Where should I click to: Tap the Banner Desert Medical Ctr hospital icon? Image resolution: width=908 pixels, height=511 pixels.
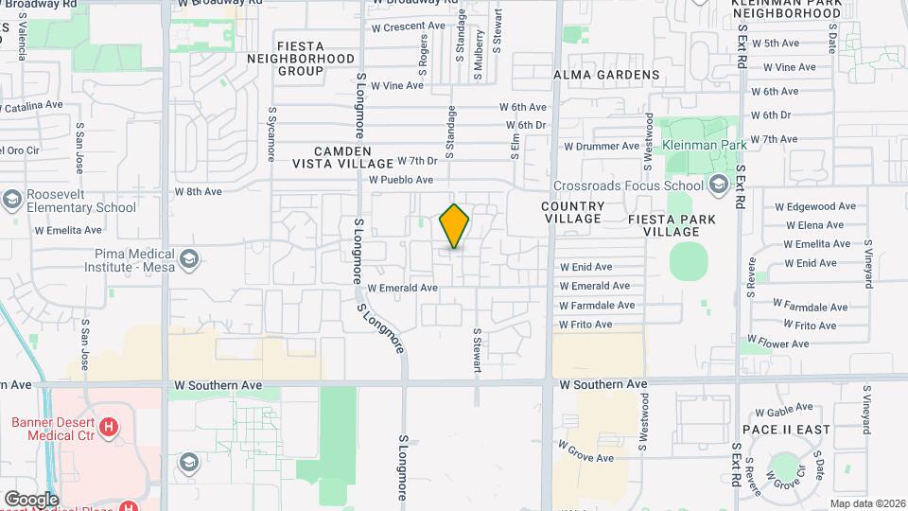coord(110,427)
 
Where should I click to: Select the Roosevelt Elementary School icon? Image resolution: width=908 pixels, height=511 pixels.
coord(12,200)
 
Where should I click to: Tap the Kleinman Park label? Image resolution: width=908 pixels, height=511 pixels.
coord(706,145)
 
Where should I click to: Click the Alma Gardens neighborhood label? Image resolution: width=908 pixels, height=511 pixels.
coord(606,75)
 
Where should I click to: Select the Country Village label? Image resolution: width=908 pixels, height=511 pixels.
coord(573,213)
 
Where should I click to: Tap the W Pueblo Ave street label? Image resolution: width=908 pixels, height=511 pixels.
coord(401,179)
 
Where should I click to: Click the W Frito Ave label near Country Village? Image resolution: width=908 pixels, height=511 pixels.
coord(585,325)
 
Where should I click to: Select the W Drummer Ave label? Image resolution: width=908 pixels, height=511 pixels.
coord(602,147)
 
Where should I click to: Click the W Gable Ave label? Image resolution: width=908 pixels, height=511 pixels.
coord(784,409)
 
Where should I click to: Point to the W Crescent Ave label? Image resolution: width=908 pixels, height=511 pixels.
coord(408,26)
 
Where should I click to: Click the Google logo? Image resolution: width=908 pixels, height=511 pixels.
coord(31,500)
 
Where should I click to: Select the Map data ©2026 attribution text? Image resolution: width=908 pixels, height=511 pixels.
coord(866,503)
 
